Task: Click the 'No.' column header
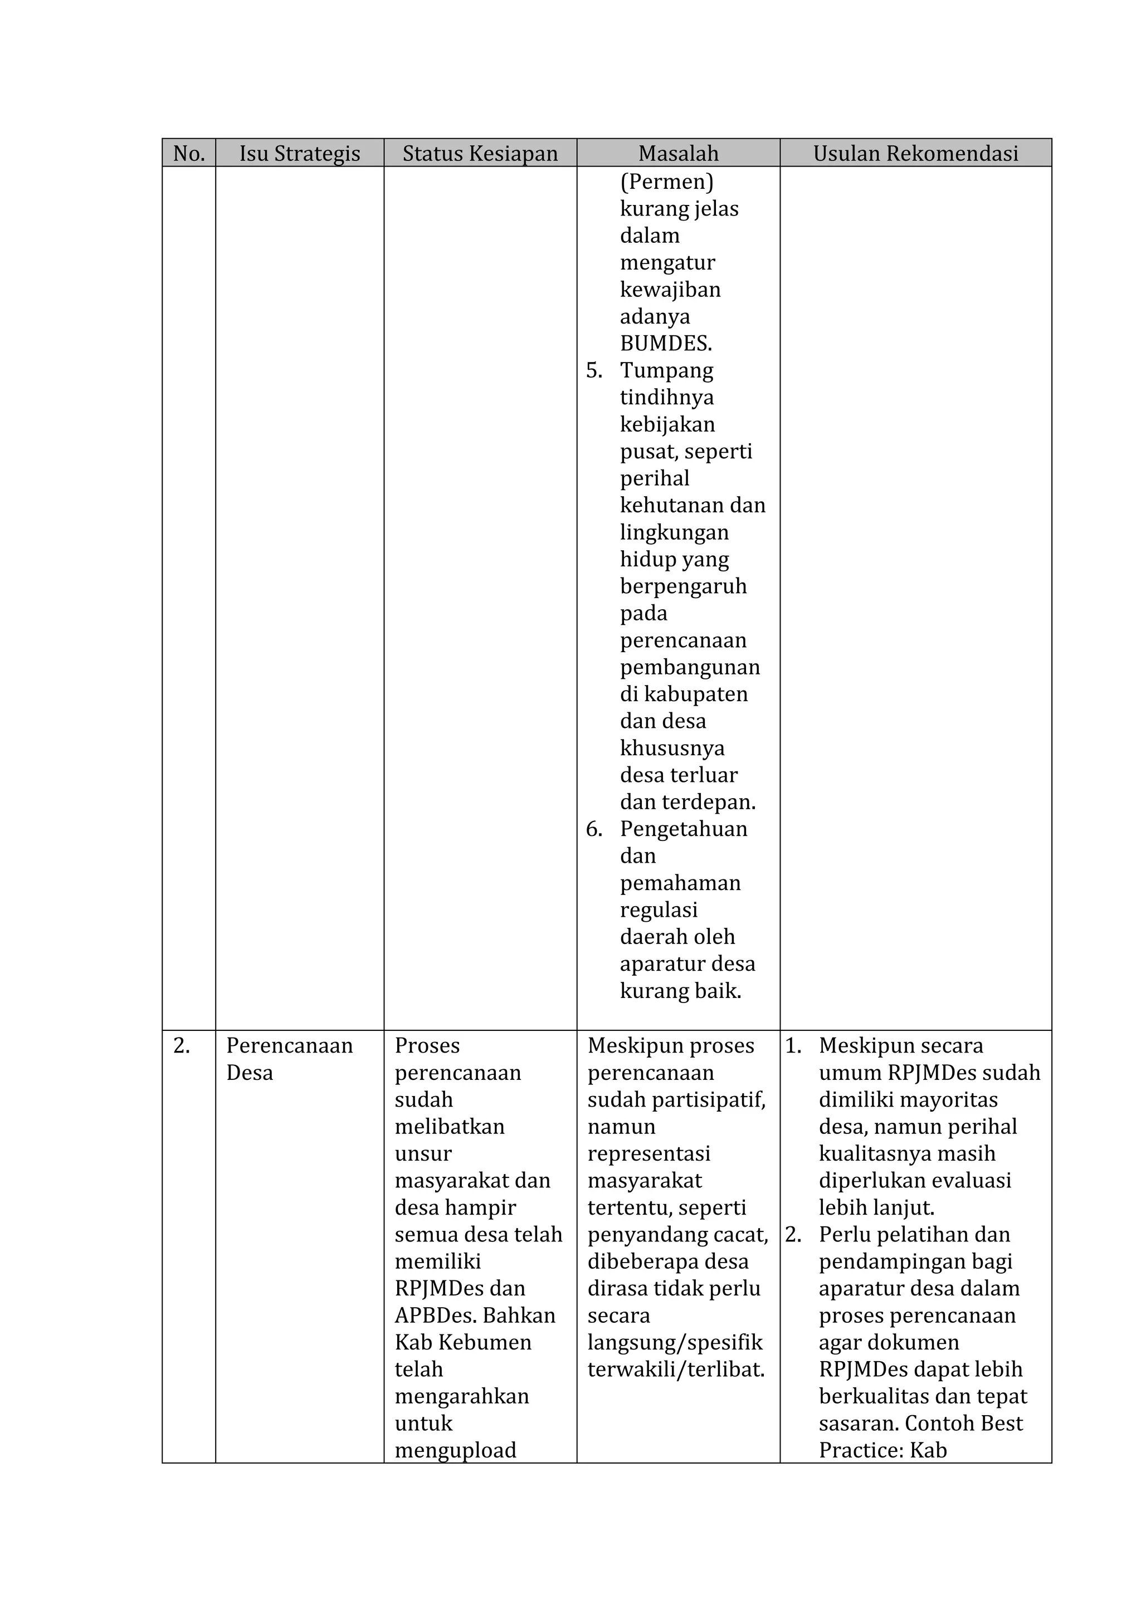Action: point(188,153)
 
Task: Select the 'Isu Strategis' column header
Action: point(300,153)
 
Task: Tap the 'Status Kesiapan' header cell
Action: point(480,153)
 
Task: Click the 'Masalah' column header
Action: point(679,153)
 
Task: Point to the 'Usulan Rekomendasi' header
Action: point(915,153)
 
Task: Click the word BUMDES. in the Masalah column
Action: point(666,343)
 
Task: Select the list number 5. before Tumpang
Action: point(594,370)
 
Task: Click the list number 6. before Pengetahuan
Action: point(594,829)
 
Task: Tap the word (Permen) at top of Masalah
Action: point(666,182)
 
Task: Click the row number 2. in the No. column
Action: point(182,1045)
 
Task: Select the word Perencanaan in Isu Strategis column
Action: point(289,1045)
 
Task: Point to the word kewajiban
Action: point(670,289)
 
